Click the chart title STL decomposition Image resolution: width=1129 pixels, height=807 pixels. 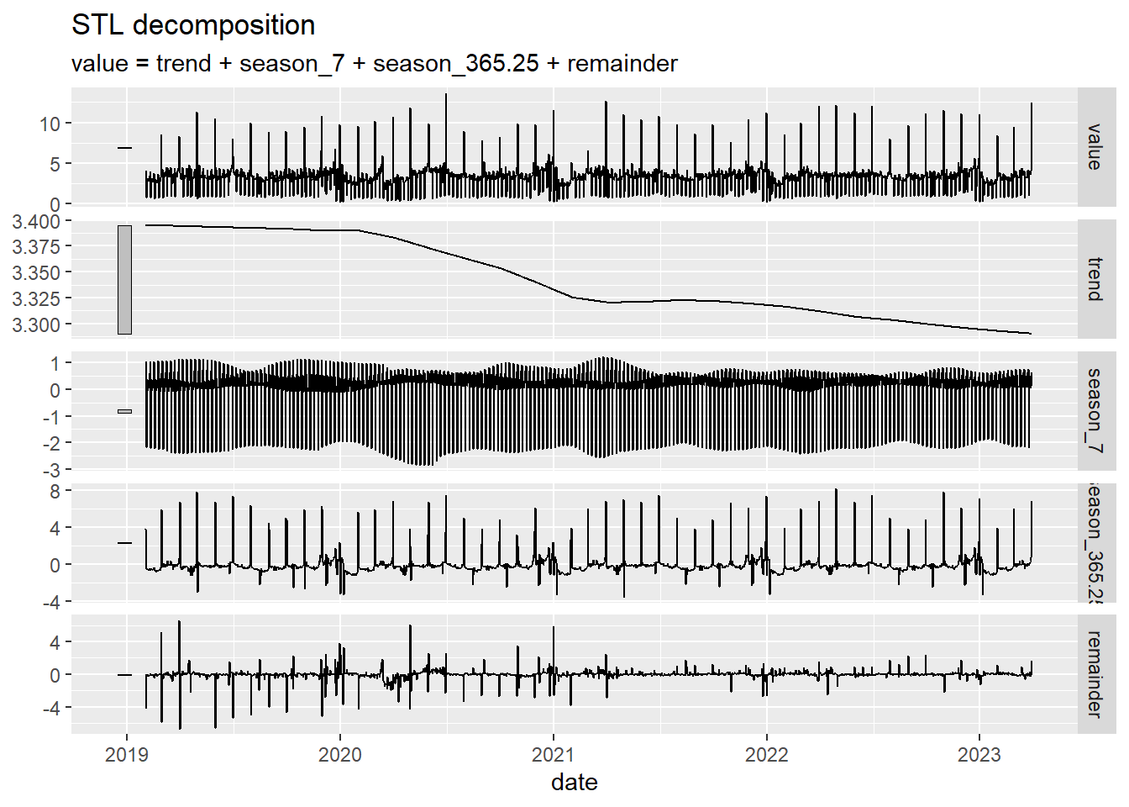click(x=193, y=25)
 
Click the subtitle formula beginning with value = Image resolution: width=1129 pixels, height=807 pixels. click(x=374, y=64)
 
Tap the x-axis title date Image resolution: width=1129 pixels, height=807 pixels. click(x=575, y=783)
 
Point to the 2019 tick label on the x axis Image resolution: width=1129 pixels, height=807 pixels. click(x=127, y=755)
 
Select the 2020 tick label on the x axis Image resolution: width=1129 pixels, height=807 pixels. click(x=340, y=755)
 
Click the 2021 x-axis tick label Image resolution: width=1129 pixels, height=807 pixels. click(x=554, y=755)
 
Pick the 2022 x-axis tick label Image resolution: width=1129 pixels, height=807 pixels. click(x=767, y=755)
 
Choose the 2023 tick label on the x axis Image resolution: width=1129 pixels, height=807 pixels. click(x=979, y=755)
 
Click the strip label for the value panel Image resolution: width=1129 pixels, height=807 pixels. click(x=1094, y=147)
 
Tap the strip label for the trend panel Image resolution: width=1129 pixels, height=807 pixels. click(x=1094, y=279)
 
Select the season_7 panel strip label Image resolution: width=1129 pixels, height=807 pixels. click(x=1094, y=410)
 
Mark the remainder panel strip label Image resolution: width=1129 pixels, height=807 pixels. click(x=1094, y=674)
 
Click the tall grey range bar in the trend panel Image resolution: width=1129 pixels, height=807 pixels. click(x=124, y=279)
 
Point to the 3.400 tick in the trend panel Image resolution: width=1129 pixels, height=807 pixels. click(x=36, y=222)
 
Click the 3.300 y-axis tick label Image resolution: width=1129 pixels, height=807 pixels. click(x=36, y=324)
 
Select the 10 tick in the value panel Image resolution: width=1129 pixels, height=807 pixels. click(x=50, y=124)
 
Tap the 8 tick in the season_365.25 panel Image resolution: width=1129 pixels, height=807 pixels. click(x=55, y=491)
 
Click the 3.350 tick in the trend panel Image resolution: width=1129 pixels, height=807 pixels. click(x=36, y=273)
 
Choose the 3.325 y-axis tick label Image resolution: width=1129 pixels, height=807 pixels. click(x=36, y=299)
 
